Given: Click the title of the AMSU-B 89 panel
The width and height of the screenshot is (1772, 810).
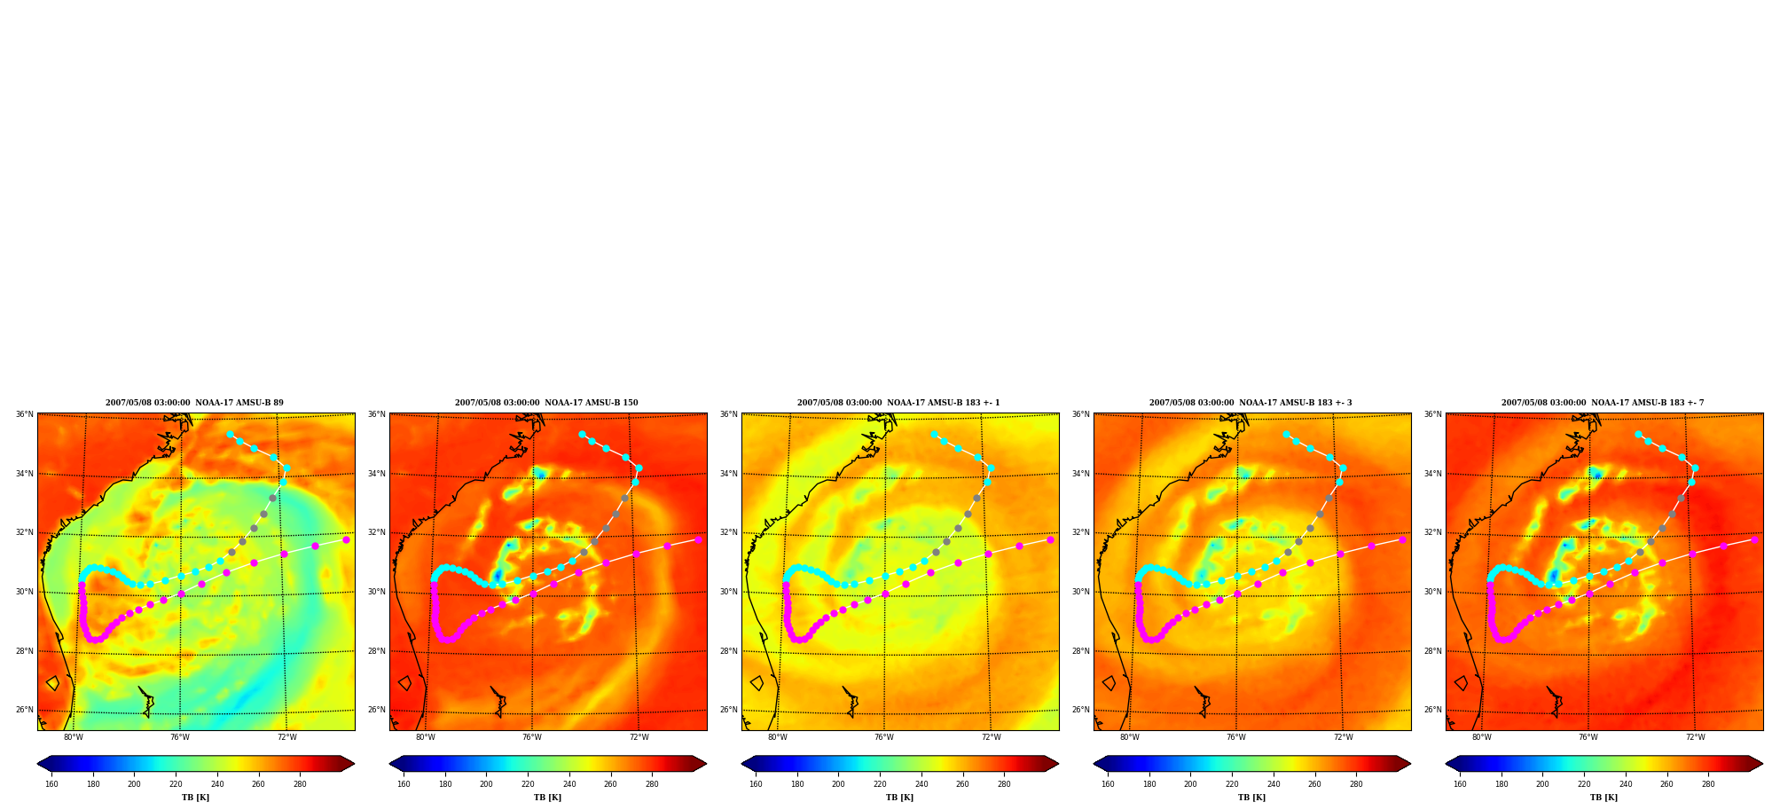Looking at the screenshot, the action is click(x=195, y=403).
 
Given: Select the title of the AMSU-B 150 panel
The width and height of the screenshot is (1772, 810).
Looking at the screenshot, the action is click(x=546, y=403).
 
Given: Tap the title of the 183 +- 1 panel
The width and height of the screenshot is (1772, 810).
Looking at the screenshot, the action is click(x=898, y=403).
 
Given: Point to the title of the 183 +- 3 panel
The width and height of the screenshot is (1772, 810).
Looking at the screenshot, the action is click(x=1251, y=403).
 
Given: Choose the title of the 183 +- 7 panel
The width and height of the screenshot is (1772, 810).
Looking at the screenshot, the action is click(x=1603, y=403).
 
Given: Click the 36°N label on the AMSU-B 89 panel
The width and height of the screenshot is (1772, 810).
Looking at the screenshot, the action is click(x=24, y=414).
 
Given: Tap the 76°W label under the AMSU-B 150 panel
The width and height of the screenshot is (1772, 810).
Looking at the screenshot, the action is click(x=532, y=737).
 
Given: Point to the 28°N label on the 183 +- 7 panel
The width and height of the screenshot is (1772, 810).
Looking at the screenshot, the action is click(x=1432, y=651).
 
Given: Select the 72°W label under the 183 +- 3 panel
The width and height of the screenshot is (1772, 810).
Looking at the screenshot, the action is click(x=1344, y=737).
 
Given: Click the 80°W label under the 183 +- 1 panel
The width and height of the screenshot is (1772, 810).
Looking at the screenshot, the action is click(x=778, y=737).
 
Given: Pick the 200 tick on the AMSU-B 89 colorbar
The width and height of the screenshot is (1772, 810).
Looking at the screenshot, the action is click(x=134, y=784).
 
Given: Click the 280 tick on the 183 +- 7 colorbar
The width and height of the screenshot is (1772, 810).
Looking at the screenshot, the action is click(x=1708, y=784).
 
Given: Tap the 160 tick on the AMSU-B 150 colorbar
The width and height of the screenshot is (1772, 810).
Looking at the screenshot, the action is click(x=404, y=784).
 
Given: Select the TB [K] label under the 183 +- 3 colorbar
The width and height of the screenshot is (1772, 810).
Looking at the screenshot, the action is click(x=1251, y=798).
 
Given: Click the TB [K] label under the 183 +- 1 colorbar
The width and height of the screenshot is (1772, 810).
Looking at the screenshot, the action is click(x=899, y=798).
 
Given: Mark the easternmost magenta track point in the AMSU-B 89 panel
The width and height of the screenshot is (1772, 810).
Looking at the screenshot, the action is click(x=346, y=539).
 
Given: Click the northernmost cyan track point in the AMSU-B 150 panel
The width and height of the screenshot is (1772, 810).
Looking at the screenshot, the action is click(x=582, y=434).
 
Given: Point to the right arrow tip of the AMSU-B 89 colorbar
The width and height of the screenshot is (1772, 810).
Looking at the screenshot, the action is click(x=355, y=764).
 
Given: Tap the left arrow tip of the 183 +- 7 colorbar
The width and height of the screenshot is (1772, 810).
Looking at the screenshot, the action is click(x=1446, y=764).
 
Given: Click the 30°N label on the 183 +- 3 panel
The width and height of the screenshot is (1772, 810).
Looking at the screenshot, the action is click(x=1080, y=592).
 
